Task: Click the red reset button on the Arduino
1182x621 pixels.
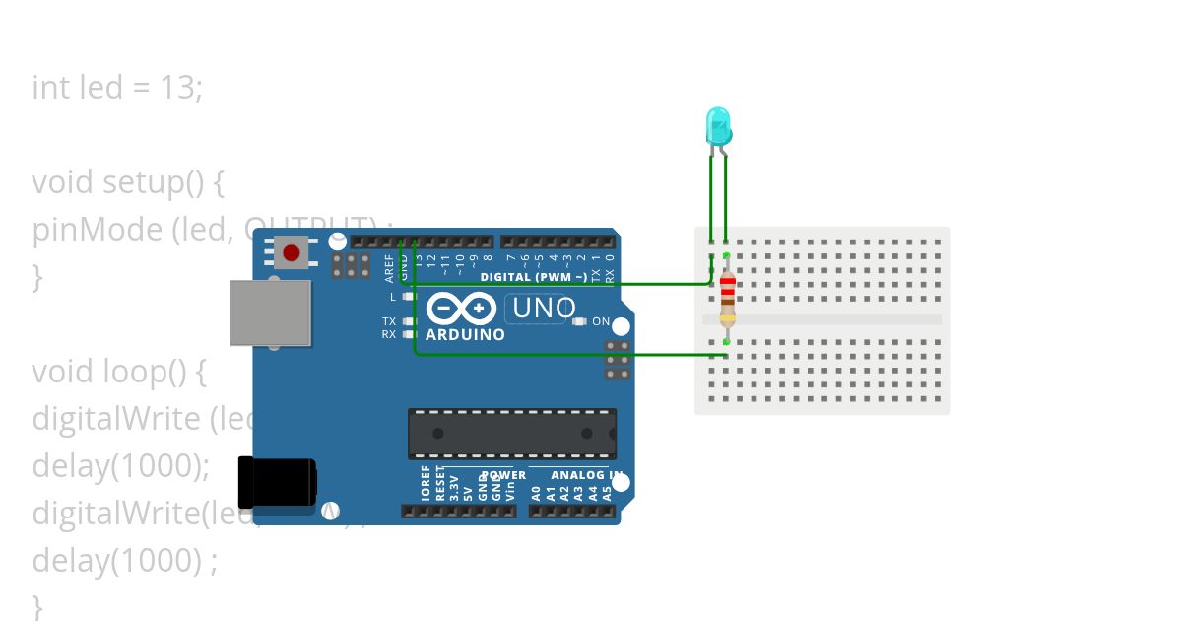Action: tap(291, 253)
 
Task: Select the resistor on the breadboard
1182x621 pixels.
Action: tap(727, 298)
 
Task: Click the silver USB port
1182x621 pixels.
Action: tap(270, 312)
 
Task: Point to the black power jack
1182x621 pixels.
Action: tap(278, 483)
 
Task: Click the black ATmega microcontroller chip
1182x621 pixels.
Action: tap(512, 434)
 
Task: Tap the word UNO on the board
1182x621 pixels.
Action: tap(541, 309)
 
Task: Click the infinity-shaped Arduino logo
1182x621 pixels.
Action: tap(462, 310)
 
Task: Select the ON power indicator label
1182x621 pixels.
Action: tap(600, 321)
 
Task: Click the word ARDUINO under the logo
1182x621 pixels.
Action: tap(465, 335)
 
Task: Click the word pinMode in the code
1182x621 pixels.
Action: tap(97, 230)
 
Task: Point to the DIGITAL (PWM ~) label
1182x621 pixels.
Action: tap(533, 277)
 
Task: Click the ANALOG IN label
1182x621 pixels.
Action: tap(587, 475)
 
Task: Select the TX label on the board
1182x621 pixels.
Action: tap(389, 321)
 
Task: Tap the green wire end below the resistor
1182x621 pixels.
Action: tap(726, 342)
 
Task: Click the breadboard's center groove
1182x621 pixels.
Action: tap(822, 319)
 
